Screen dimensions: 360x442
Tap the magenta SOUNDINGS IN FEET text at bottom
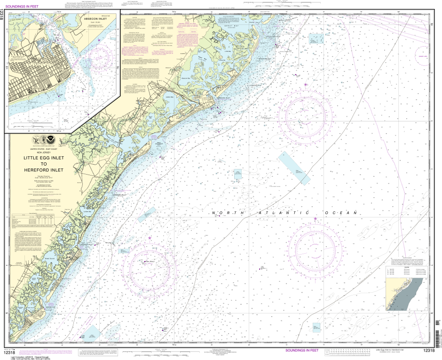click(x=302, y=351)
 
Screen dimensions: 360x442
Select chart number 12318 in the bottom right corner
click(x=428, y=351)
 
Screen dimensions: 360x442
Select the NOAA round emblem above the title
click(x=45, y=140)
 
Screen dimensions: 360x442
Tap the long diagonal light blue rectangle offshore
click(x=294, y=168)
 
